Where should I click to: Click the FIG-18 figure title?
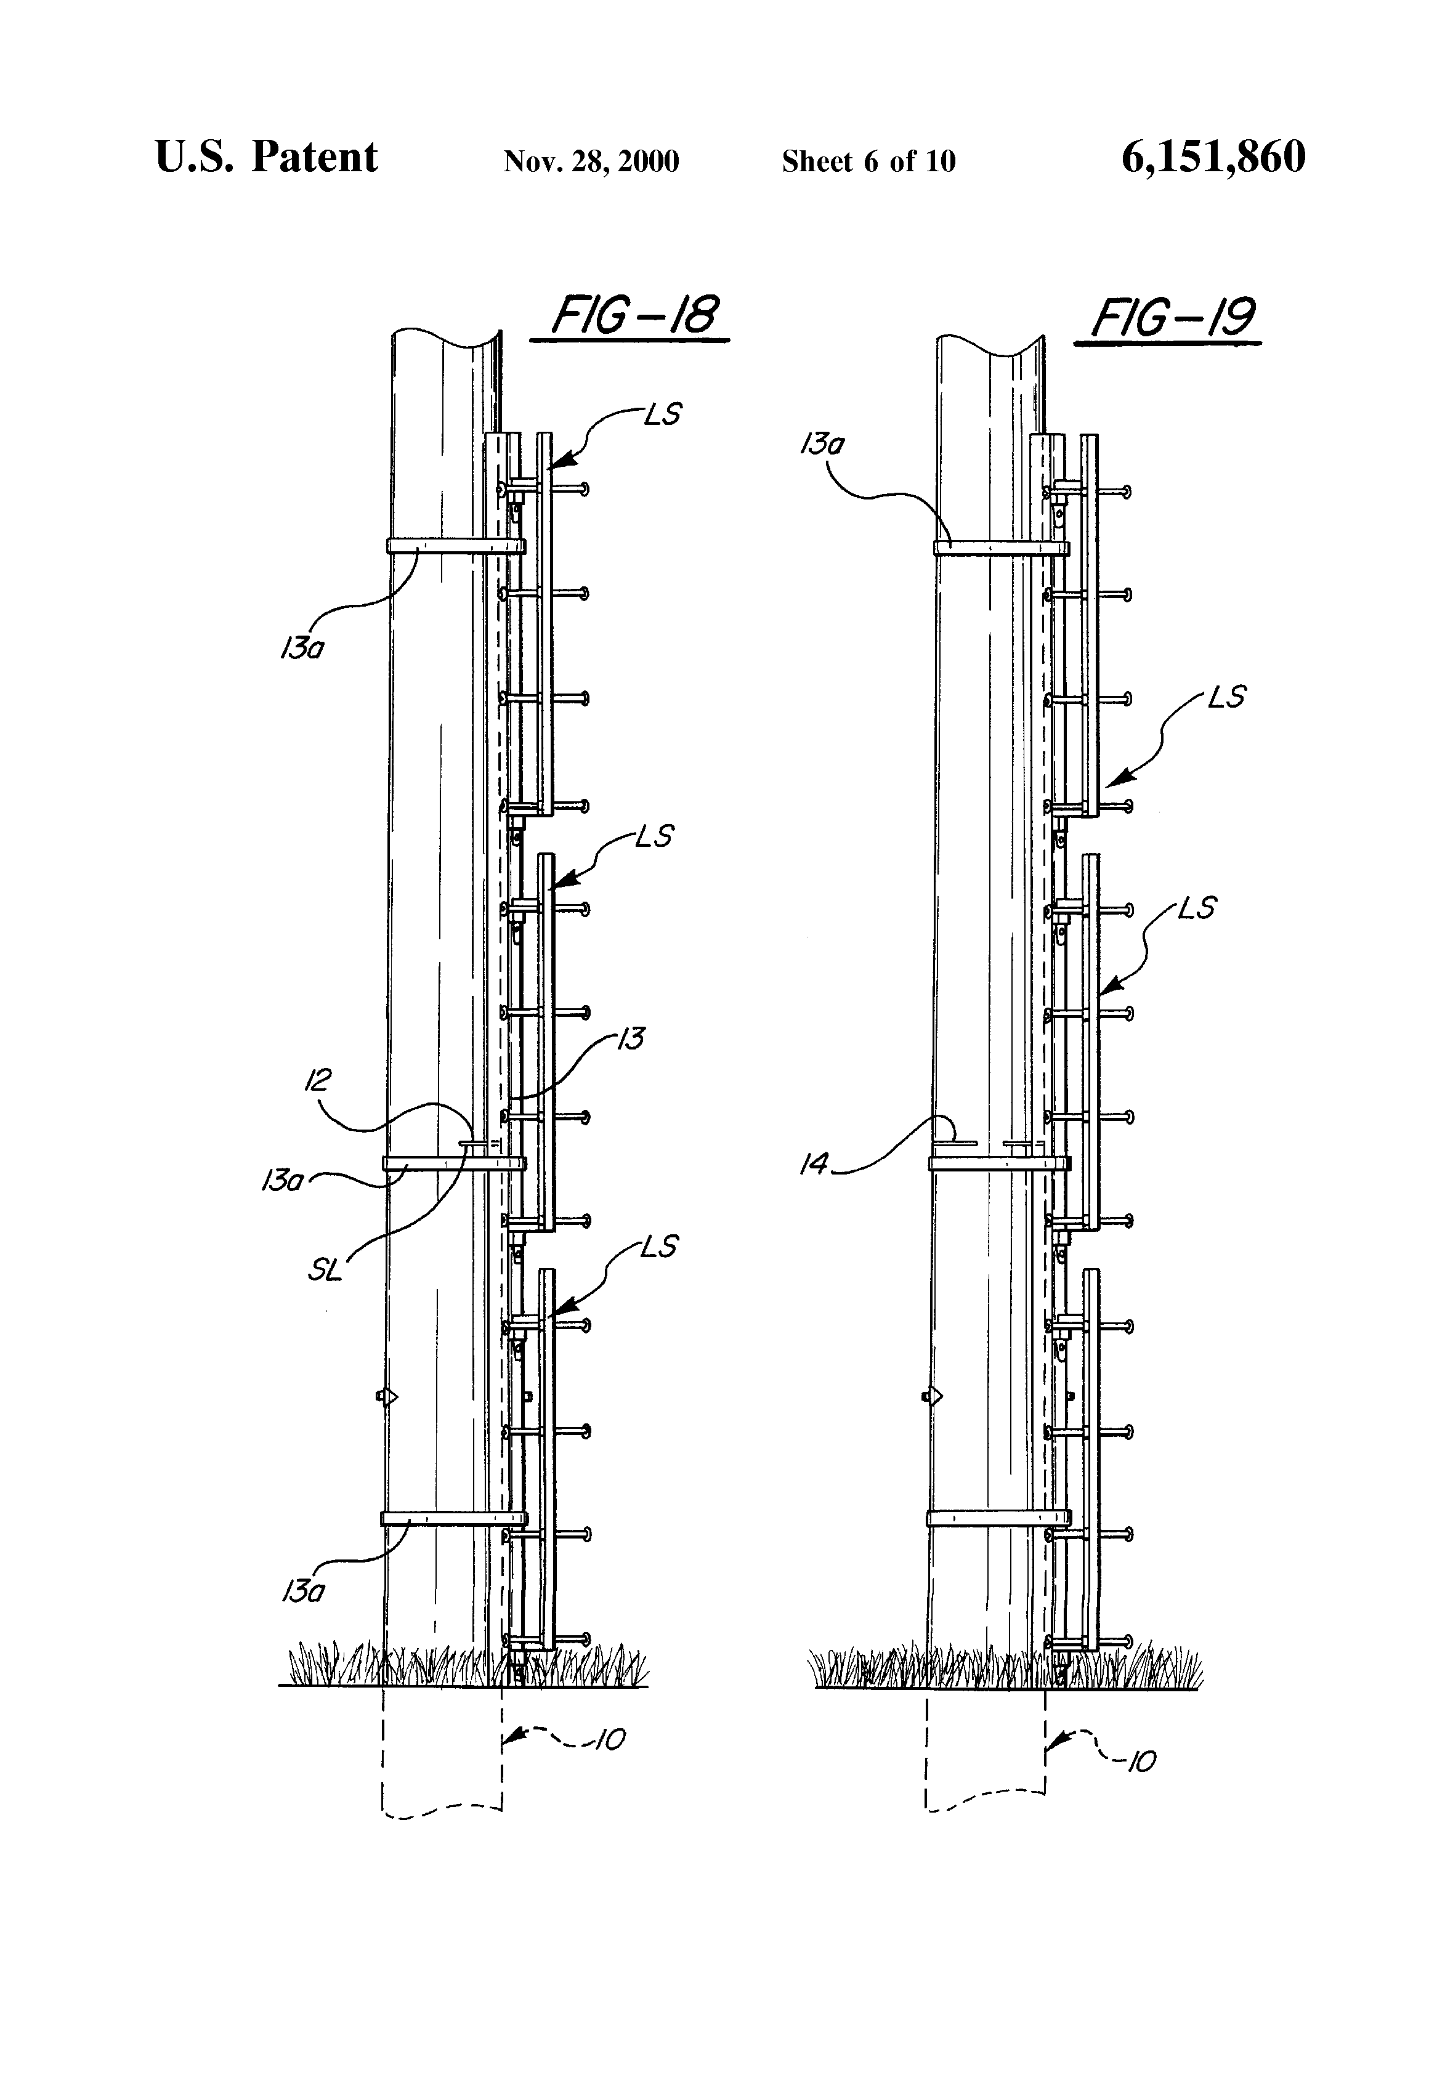click(635, 316)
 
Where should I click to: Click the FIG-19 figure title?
click(1173, 318)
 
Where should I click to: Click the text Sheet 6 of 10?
click(868, 161)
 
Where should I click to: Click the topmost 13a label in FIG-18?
click(302, 649)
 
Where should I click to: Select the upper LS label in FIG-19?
click(1227, 697)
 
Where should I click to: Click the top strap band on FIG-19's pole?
click(1000, 548)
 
